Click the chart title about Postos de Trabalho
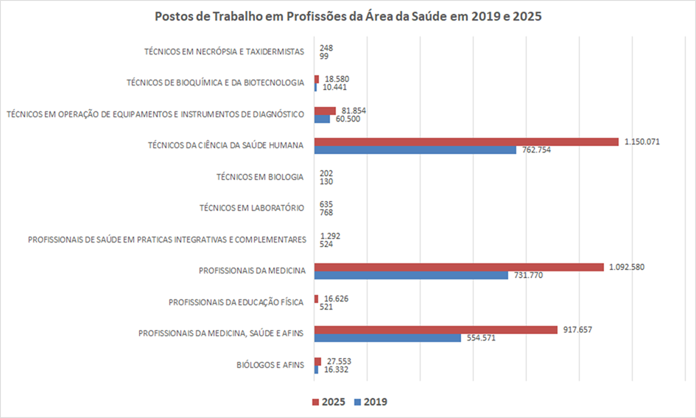348,16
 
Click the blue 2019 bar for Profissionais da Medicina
411,275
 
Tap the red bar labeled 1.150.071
465,142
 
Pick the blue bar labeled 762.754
415,150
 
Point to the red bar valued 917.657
435,330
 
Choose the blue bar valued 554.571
387,338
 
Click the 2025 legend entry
329,402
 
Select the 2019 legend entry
370,402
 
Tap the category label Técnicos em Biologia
260,177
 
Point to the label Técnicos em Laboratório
252,208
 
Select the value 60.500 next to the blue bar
347,119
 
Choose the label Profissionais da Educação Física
236,302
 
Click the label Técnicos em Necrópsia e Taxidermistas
224,52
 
